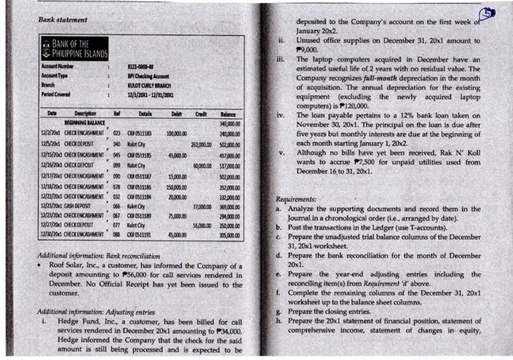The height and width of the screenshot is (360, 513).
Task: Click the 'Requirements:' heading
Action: pos(295,199)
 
